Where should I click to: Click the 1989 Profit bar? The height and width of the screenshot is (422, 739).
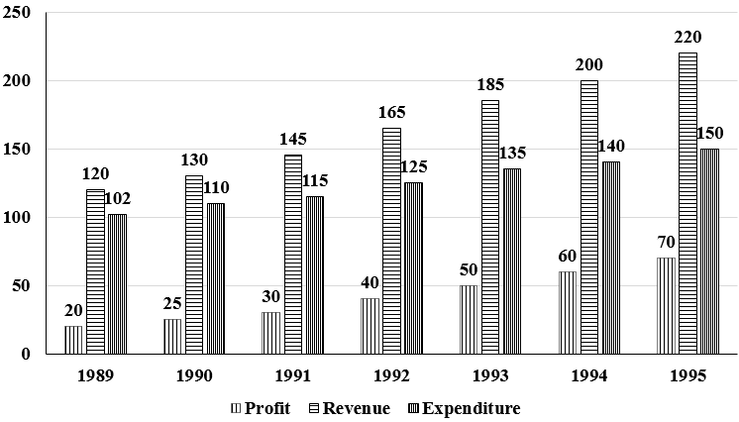(x=73, y=340)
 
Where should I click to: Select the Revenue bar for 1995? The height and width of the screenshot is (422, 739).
(x=688, y=203)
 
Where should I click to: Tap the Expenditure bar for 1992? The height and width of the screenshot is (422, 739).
(x=414, y=268)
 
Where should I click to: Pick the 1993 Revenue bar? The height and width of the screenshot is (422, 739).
(x=490, y=227)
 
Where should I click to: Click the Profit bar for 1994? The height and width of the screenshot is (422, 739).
(x=568, y=313)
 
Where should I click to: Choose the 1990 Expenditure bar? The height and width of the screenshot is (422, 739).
(x=216, y=278)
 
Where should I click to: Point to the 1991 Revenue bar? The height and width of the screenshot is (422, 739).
(x=293, y=255)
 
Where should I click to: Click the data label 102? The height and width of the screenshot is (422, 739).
(x=117, y=199)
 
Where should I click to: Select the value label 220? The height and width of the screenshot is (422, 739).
(x=687, y=37)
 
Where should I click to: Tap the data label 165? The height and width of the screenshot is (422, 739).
(x=391, y=112)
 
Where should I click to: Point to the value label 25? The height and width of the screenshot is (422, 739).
(x=172, y=303)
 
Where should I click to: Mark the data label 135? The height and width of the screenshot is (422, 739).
(x=512, y=153)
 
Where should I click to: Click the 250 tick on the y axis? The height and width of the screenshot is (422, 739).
(x=17, y=12)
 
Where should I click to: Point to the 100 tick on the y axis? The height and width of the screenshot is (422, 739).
(x=17, y=217)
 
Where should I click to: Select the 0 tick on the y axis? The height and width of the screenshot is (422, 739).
(x=26, y=354)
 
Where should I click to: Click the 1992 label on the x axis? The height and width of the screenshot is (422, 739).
(x=391, y=375)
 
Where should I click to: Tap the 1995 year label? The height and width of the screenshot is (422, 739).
(x=687, y=375)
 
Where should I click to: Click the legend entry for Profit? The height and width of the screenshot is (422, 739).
(x=261, y=408)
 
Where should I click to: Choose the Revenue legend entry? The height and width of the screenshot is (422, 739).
(x=350, y=408)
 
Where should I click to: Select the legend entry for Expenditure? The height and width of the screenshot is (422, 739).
(x=465, y=408)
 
